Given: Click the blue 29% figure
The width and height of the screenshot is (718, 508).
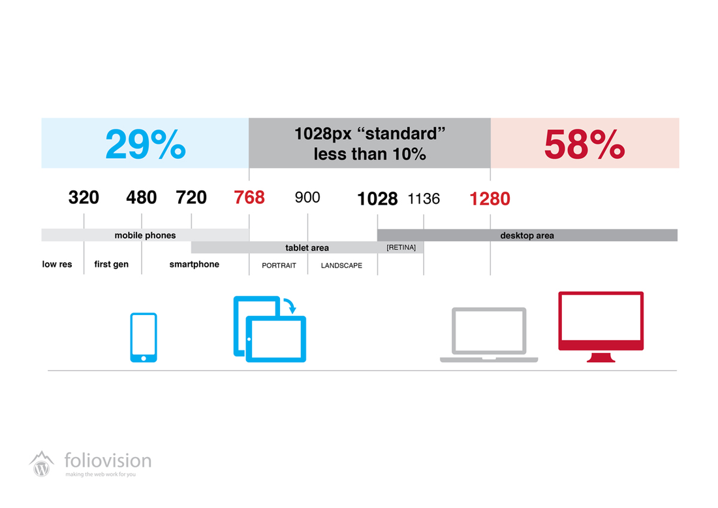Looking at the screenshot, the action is pos(146,144).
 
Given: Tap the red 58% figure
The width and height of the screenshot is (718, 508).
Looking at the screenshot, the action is pos(584,144).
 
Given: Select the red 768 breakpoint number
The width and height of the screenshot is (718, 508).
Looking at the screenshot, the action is pos(249,197).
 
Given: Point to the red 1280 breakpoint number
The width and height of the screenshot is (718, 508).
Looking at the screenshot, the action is pos(490,199).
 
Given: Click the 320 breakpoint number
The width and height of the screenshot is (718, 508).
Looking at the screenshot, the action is pos(84,197).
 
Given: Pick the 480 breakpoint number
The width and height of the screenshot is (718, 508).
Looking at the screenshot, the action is pos(142,197).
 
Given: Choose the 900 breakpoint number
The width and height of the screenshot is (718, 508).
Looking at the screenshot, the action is pos(307,197).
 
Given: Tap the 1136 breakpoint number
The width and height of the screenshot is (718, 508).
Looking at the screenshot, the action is pos(424,199).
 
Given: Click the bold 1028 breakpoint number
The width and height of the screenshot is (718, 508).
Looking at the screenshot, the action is pos(377,199).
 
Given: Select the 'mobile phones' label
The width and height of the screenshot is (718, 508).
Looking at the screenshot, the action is pos(145,235).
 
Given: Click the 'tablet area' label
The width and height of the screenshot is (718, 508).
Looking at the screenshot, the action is pos(307,248).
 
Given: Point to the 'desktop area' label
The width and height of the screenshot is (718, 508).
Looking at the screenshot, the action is pos(527,235).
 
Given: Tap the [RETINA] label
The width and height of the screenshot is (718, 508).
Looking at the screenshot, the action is pos(401,248).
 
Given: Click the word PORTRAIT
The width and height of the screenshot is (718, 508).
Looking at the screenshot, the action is pos(279,265).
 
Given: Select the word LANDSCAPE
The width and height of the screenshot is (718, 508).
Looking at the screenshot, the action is pos(341,265).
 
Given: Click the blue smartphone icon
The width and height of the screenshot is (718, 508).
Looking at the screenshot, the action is pos(144,337).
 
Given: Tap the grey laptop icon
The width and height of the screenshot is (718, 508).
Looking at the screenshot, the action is pos(489,335).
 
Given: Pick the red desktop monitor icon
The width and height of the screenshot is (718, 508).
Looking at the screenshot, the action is pos(601,327).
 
